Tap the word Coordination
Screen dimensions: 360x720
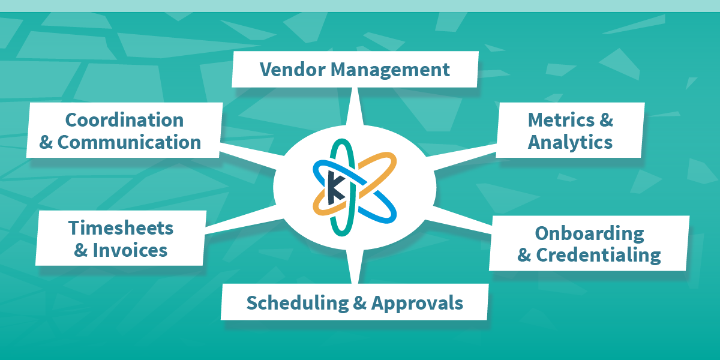(x=124, y=120)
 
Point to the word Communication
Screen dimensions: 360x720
(x=129, y=143)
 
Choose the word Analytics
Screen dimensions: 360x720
(x=570, y=143)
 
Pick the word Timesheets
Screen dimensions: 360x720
(x=121, y=228)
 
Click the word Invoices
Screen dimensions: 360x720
(x=130, y=250)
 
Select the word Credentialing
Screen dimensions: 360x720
(x=598, y=255)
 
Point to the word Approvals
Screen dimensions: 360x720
(x=417, y=303)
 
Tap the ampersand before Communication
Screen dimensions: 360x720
(x=46, y=143)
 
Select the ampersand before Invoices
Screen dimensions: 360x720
(x=81, y=250)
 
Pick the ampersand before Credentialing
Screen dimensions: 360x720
(x=524, y=255)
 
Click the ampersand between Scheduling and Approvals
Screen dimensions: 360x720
(x=359, y=303)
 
